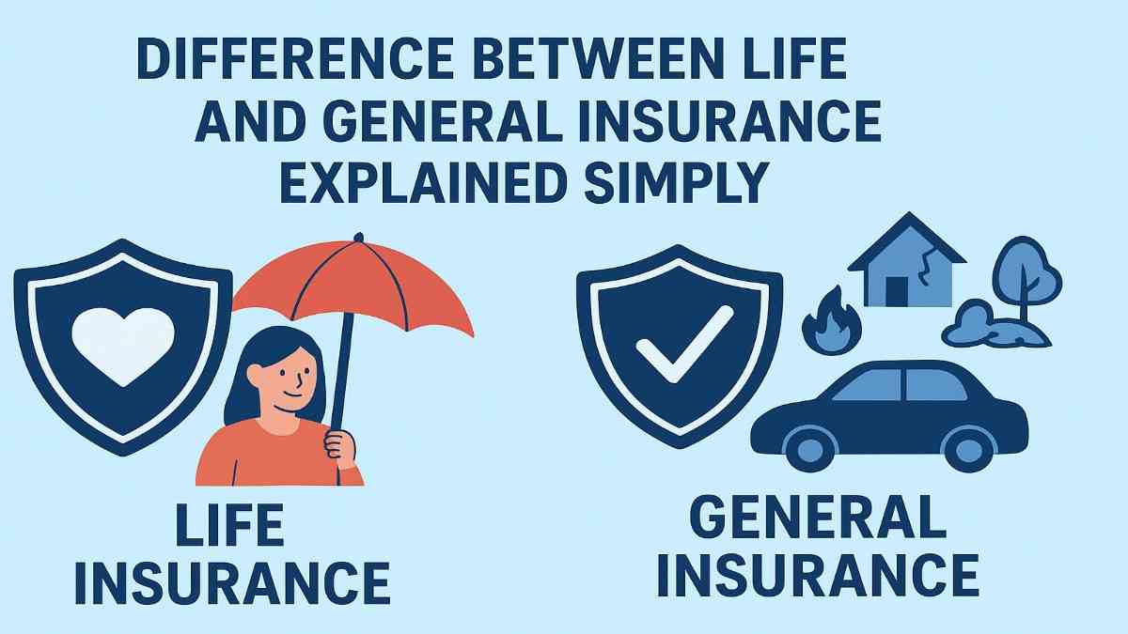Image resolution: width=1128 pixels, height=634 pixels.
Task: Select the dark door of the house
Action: coord(897,290)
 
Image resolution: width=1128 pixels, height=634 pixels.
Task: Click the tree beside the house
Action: coord(1025,272)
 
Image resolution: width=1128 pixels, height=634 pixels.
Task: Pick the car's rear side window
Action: coord(935,385)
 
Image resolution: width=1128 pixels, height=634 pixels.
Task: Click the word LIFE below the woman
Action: coord(229,526)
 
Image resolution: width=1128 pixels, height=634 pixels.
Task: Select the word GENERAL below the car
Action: coord(818,516)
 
